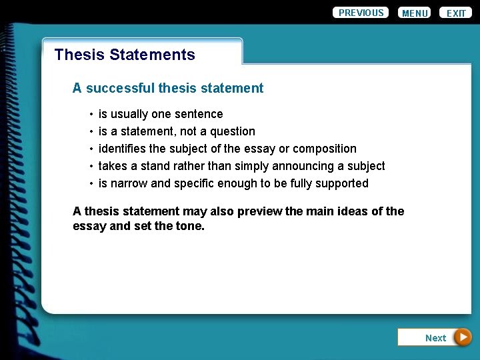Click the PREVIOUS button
click(x=361, y=13)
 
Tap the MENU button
click(x=415, y=13)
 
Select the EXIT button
click(x=456, y=13)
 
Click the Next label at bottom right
click(x=435, y=338)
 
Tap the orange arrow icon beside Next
click(x=463, y=337)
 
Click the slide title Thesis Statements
click(x=125, y=55)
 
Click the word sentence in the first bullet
click(x=199, y=114)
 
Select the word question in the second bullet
click(x=233, y=131)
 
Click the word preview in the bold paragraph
click(x=259, y=211)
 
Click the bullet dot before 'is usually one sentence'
click(x=91, y=115)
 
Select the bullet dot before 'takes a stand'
click(x=91, y=167)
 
